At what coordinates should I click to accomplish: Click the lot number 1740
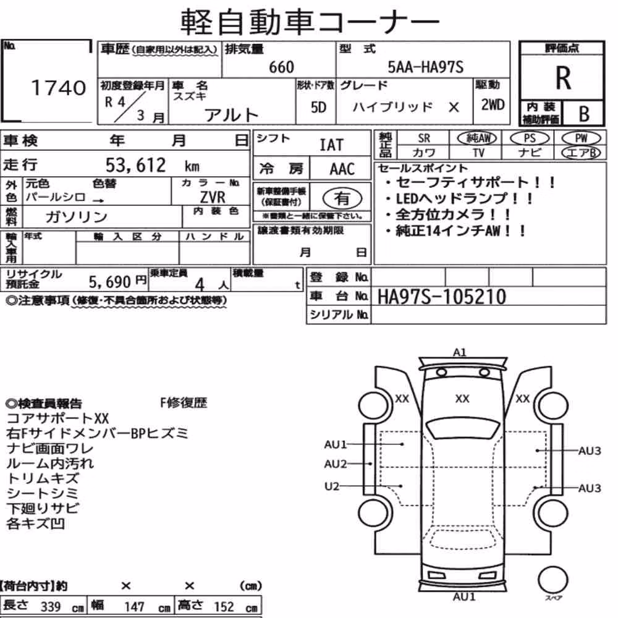[58, 88]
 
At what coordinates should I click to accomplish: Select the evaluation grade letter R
[563, 78]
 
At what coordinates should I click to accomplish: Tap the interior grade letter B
[584, 114]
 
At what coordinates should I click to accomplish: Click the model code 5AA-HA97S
[425, 67]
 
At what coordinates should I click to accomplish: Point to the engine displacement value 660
[281, 67]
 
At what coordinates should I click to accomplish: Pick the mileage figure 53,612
[135, 165]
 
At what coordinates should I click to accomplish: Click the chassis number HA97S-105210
[441, 297]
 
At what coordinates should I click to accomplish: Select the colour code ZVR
[213, 197]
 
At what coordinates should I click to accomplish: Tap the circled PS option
[530, 138]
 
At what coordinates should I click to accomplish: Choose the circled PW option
[581, 138]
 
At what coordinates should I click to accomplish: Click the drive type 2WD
[493, 105]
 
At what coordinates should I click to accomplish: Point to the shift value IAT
[331, 145]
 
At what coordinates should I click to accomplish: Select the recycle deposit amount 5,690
[109, 282]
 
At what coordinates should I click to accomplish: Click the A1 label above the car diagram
[460, 352]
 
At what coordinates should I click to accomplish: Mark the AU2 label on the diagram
[336, 464]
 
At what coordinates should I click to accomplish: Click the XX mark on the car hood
[462, 399]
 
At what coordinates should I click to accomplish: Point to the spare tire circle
[552, 580]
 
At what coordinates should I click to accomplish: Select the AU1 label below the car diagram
[464, 597]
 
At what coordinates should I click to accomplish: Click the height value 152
[224, 606]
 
